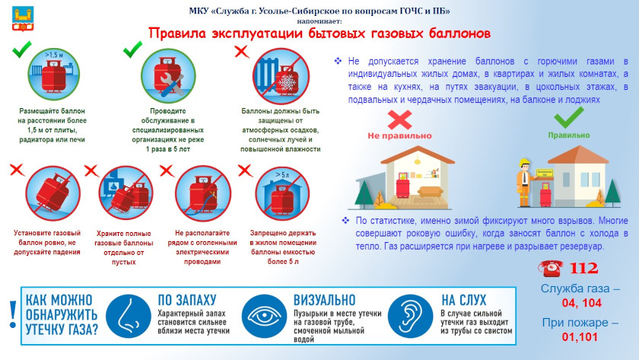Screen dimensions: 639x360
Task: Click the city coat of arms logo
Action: pos(23,19)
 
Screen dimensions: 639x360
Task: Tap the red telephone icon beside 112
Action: pos(551,268)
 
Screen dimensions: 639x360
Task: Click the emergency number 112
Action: pos(583,268)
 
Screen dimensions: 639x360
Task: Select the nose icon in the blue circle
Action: pos(129,316)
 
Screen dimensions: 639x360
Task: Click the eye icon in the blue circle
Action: pos(264,316)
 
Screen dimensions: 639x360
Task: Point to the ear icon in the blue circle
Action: pos(410,316)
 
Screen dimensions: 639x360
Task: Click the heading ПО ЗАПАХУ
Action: pos(186,300)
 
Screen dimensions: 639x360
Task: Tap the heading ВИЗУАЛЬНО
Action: pos(324,300)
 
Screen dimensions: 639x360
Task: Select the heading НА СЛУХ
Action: pos(464,300)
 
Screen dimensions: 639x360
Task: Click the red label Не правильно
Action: pos(399,135)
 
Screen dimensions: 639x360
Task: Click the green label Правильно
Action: pos(568,135)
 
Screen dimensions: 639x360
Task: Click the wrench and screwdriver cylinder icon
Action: pos(168,76)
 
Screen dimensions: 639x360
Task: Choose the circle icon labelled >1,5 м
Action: pos(54,75)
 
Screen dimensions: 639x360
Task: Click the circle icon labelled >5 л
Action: pos(282,193)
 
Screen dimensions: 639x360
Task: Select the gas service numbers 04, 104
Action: pos(581,303)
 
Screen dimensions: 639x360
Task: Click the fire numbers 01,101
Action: pos(580,337)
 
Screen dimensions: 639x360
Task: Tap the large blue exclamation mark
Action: pos(13,315)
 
